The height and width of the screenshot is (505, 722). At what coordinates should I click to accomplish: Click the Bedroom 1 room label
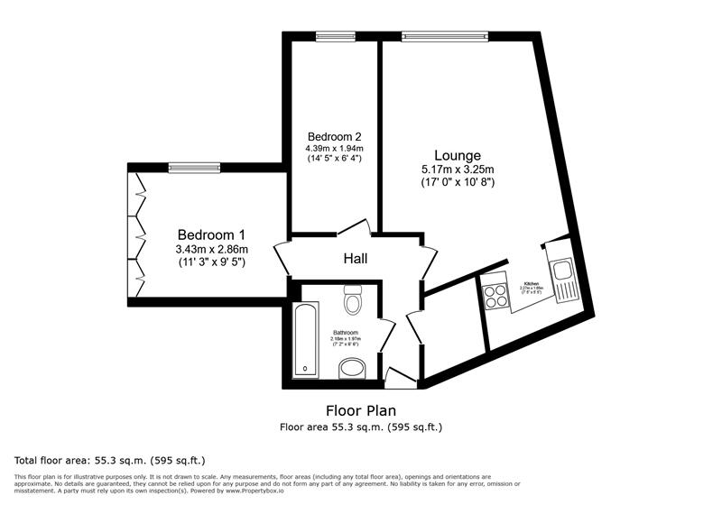(x=212, y=233)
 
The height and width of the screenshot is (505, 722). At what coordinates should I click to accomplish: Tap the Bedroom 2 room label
(x=333, y=136)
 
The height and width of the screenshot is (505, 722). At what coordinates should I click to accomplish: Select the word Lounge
(x=458, y=155)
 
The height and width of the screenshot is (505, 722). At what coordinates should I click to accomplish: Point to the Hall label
(x=355, y=260)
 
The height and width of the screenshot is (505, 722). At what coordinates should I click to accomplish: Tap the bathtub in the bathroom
(x=306, y=339)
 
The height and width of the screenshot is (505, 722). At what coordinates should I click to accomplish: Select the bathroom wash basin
(x=349, y=369)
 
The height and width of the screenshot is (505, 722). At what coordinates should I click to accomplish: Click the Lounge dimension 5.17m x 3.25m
(x=458, y=170)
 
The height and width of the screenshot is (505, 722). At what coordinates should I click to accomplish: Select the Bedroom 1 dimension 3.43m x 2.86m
(x=212, y=249)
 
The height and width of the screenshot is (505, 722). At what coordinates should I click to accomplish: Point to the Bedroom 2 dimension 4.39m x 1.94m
(x=333, y=148)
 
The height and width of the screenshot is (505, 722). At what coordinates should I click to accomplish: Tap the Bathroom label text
(x=345, y=332)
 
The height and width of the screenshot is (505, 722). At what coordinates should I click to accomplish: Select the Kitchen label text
(x=532, y=283)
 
